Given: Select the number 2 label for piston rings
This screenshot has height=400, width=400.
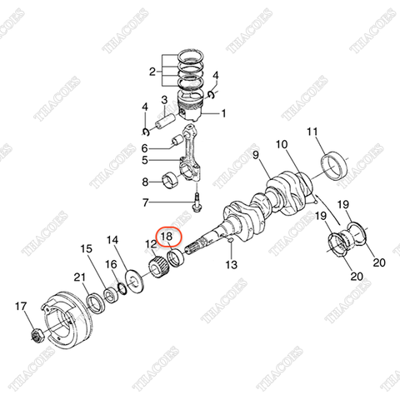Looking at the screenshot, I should point(152,72).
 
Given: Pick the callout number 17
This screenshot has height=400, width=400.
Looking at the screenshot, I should point(21,309).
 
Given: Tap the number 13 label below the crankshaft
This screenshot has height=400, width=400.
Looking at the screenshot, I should point(231,265).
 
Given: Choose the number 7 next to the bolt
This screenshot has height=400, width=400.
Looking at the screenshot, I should point(145,202).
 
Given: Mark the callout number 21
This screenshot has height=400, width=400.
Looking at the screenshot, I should point(80,277).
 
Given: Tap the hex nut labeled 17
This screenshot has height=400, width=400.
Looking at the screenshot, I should point(37,336).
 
